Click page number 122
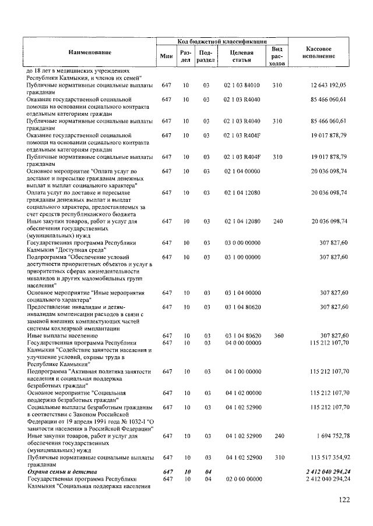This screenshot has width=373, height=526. click(x=346, y=499)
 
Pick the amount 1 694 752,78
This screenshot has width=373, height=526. click(x=329, y=436)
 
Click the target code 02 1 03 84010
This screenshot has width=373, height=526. click(x=241, y=86)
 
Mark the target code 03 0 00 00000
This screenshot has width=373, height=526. click(x=242, y=242)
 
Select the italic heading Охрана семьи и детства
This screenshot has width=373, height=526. click(x=62, y=471)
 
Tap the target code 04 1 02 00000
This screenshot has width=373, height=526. click(x=242, y=393)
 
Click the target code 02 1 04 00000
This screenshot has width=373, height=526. click(x=241, y=172)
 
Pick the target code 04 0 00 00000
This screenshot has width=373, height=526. click(x=242, y=343)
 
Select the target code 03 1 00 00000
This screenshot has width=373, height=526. click(x=242, y=256)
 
